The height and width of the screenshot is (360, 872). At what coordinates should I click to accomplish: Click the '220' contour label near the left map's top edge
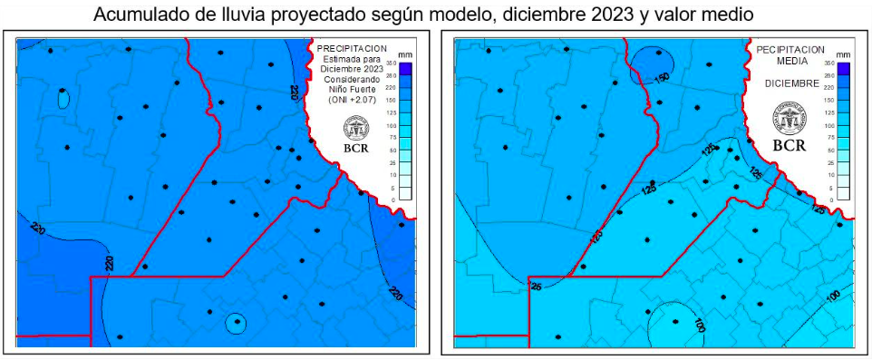click(294, 92)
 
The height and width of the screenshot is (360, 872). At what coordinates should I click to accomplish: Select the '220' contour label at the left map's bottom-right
click(395, 293)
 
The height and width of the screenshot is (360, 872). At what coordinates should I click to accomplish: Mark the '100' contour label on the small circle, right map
click(699, 324)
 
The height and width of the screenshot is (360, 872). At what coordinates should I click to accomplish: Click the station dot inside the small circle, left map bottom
click(236, 320)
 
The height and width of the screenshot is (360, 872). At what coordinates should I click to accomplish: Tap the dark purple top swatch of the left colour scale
click(405, 66)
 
